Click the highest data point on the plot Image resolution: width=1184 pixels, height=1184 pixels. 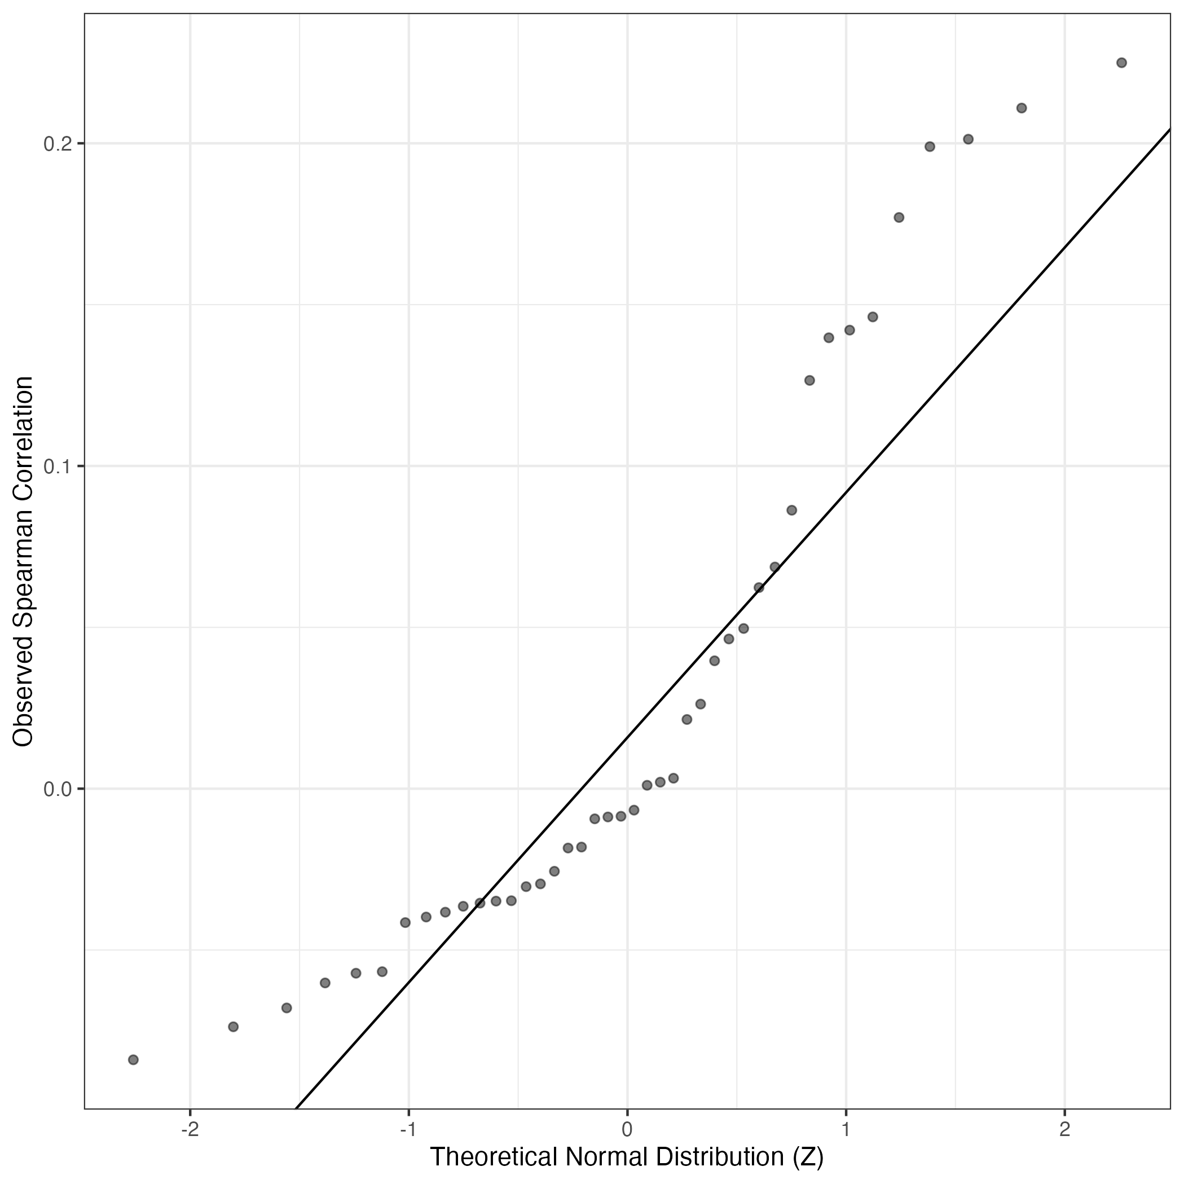coord(1121,63)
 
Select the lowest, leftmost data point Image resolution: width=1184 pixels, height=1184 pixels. coord(133,1059)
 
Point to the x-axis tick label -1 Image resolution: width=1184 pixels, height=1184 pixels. coord(408,1129)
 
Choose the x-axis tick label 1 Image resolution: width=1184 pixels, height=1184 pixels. coord(846,1129)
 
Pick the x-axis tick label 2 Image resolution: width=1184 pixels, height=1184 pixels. coord(1065,1129)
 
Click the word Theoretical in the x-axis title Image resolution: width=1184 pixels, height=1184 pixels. coord(494,1157)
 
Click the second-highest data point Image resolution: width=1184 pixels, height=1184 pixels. coord(1022,108)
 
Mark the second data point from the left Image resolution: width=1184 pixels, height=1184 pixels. coord(233,1027)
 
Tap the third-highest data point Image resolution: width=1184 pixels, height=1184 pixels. coord(969,139)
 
